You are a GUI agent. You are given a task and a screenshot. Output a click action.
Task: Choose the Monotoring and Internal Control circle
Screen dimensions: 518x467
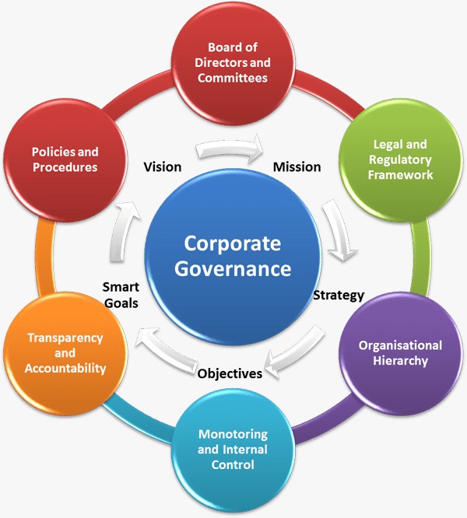232,447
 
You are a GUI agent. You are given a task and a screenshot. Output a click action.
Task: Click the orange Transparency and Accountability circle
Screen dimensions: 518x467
66,352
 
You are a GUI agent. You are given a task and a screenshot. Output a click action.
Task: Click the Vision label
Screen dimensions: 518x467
163,166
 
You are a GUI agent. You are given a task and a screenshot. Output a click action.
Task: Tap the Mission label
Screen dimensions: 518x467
297,166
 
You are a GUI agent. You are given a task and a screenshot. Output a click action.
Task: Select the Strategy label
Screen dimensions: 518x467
338,295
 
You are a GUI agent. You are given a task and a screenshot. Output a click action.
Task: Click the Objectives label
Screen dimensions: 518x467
230,373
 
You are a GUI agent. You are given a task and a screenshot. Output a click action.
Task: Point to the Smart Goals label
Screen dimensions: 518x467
120,294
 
